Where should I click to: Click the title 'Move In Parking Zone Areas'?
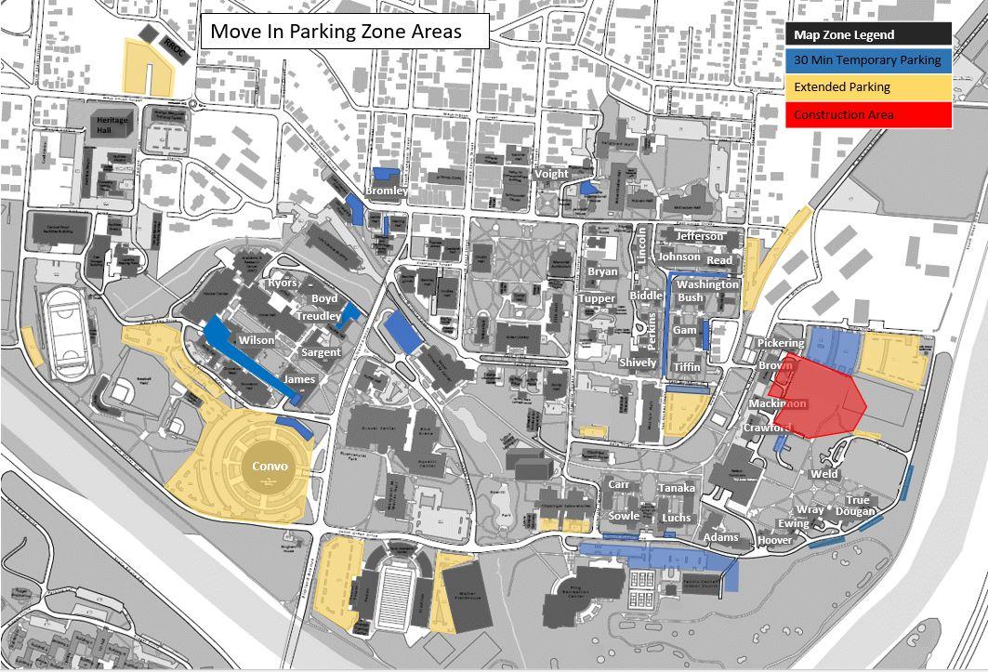coord(336,32)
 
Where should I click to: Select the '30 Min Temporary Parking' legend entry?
coord(868,60)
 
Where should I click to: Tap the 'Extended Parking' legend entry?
coord(868,87)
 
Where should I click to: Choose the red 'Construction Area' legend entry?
coord(868,114)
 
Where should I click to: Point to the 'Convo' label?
coord(270,467)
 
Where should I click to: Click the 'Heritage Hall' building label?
coord(112,125)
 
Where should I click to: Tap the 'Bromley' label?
coord(387,191)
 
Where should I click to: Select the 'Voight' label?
coord(551,174)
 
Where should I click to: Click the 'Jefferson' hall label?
coord(700,236)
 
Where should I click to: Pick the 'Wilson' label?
coord(257,340)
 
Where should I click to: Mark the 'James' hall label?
coord(299,379)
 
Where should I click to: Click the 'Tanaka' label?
coord(676,488)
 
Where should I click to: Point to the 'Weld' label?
coord(823,474)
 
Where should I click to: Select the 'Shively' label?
coord(638,362)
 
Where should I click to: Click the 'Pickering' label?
coord(780,343)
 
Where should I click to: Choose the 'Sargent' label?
coord(321,352)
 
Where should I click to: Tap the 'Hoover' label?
coord(774,540)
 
